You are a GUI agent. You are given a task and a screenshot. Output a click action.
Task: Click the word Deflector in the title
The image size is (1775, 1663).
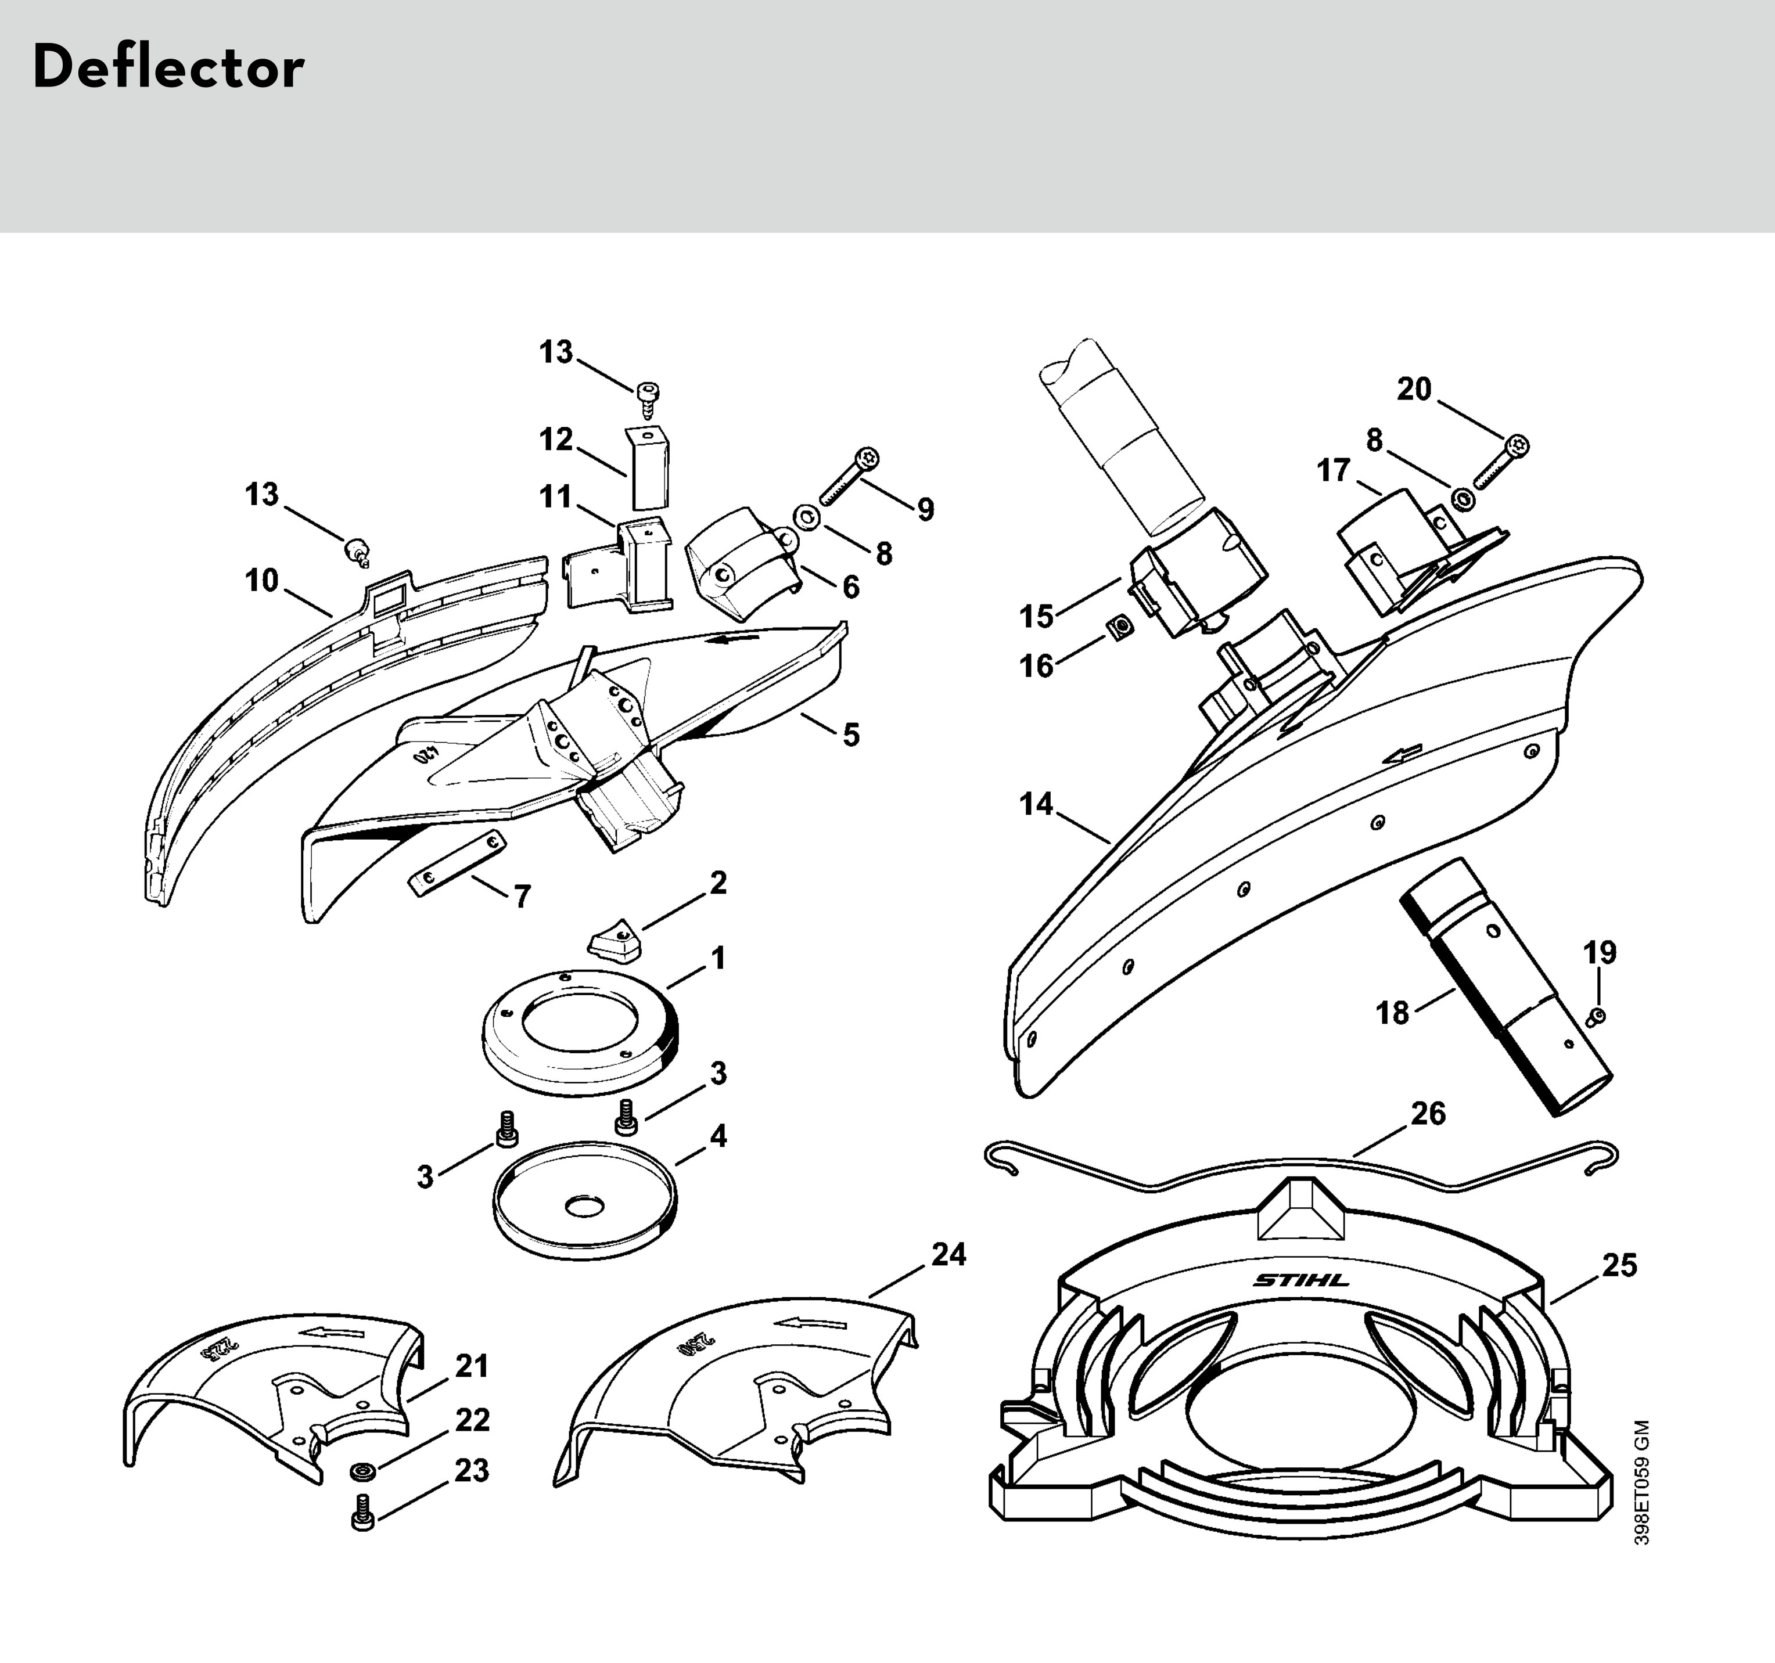pos(168,69)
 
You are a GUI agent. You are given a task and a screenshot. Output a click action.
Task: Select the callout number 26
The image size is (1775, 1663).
pos(1428,1114)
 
